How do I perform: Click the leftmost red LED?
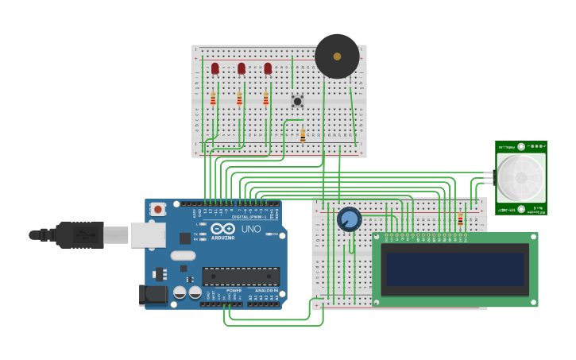[215, 68]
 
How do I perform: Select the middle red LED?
[242, 68]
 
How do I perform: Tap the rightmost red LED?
[268, 68]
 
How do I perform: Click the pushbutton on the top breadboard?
[297, 101]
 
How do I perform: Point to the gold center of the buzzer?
[337, 56]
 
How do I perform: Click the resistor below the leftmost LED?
[213, 99]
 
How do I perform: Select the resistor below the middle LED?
[239, 99]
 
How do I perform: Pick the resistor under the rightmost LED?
[265, 99]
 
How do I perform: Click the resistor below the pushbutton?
[302, 136]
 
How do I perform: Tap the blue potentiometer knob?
[349, 219]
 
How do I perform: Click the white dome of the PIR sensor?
[521, 178]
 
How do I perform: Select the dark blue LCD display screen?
[454, 269]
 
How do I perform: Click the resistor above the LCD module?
[460, 219]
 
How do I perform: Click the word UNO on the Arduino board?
[251, 229]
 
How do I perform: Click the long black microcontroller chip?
[241, 276]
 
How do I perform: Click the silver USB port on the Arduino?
[148, 234]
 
